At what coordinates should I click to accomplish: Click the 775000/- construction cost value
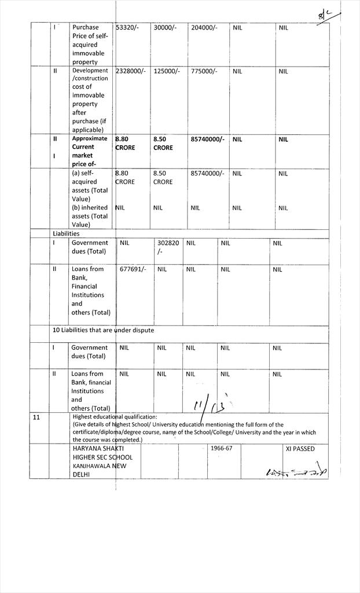[x=204, y=71]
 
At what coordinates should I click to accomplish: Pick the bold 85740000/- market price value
[x=207, y=139]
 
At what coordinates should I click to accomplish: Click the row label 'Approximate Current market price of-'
[x=89, y=151]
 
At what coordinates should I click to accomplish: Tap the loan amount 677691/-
[x=133, y=269]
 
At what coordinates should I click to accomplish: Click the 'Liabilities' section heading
[x=66, y=233]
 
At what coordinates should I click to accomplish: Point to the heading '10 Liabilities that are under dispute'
[x=103, y=330]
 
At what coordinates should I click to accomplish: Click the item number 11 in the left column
[x=36, y=417]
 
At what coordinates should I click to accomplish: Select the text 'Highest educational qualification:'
[x=115, y=416]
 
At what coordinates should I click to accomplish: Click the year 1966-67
[x=221, y=448]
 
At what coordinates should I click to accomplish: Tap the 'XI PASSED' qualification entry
[x=300, y=449]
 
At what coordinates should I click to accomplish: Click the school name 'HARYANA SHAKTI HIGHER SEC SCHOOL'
[x=102, y=453]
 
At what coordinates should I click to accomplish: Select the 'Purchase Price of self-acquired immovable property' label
[x=90, y=44]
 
